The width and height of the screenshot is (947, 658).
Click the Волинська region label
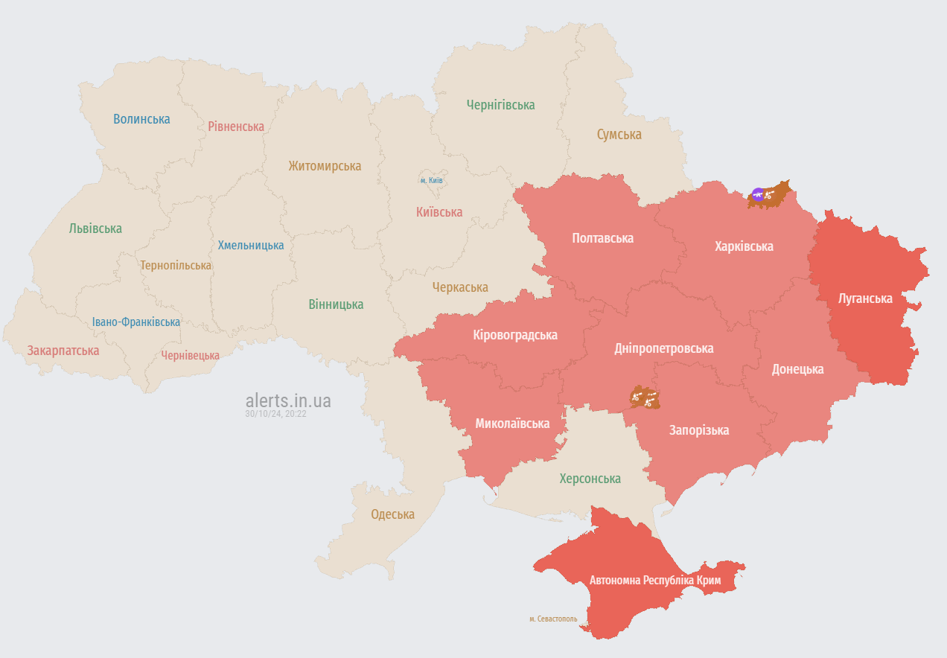[141, 119]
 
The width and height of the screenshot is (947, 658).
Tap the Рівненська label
[236, 127]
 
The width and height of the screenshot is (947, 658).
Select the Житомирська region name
[325, 166]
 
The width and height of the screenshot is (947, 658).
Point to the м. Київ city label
[432, 181]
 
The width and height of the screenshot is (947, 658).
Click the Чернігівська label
[500, 105]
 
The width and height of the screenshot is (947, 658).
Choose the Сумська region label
[619, 135]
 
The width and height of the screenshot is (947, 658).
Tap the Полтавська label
[602, 238]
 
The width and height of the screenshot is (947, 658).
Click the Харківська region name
[744, 246]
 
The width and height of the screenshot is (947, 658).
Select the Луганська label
[865, 298]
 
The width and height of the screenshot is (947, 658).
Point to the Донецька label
[797, 369]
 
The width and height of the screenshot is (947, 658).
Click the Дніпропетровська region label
[663, 348]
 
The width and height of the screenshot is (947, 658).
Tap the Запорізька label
[699, 430]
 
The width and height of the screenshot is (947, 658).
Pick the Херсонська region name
[590, 479]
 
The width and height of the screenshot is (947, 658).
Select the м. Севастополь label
[553, 619]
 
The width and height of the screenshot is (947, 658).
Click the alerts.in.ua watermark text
[288, 401]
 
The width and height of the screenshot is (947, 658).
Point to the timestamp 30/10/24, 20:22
[275, 414]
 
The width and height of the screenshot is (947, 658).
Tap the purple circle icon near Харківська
[758, 195]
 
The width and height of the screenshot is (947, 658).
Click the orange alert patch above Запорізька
[645, 397]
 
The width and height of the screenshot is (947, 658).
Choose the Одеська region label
[393, 514]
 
